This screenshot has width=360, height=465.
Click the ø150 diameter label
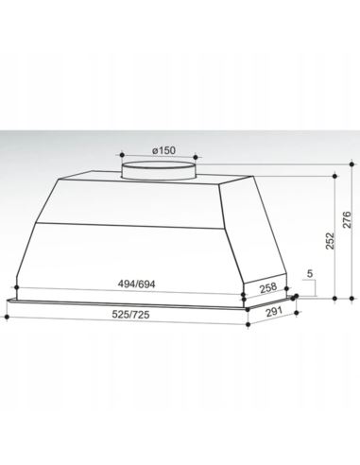pos(162,149)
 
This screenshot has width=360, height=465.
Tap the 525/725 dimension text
pos(127,315)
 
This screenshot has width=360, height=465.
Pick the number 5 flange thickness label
pos(311,275)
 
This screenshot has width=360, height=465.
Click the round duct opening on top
pos(161,168)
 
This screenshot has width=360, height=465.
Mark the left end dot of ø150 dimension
pos(121,155)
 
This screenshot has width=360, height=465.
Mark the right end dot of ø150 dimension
pos(199,155)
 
